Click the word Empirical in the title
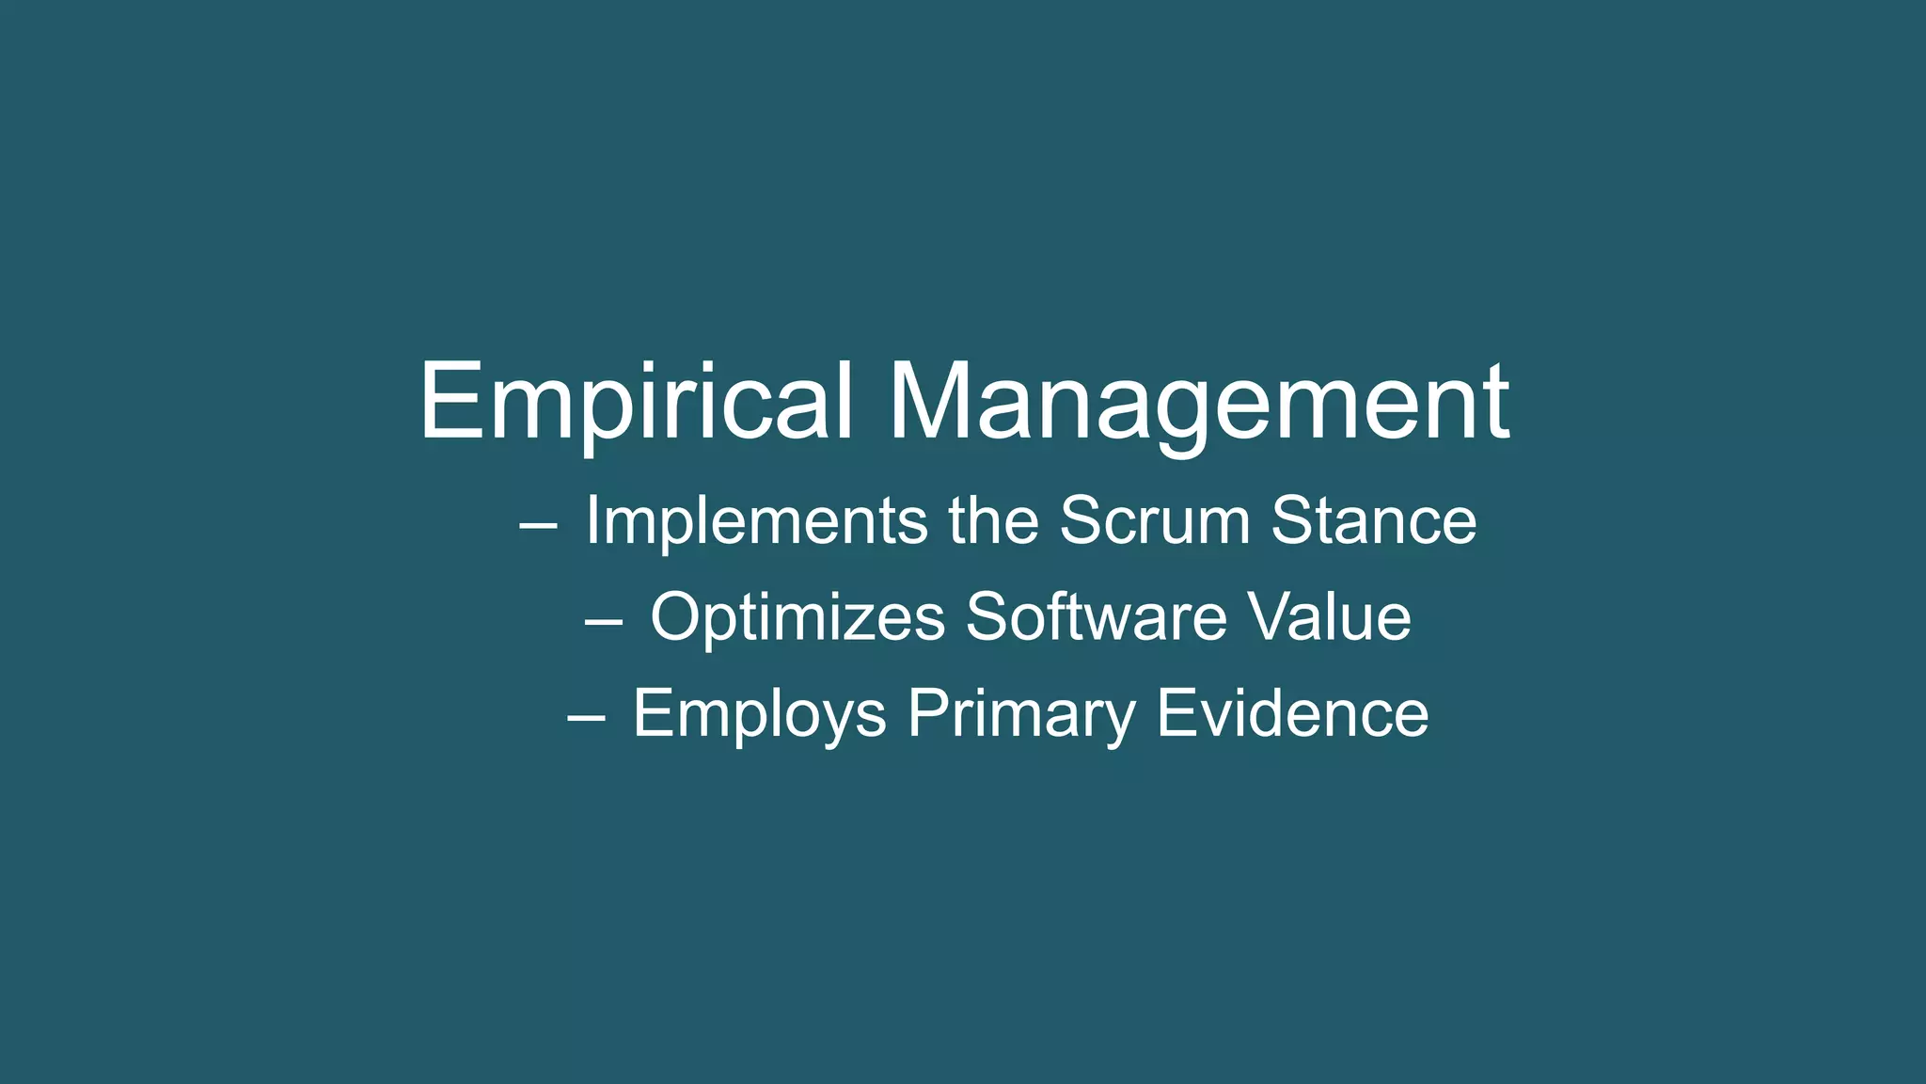tap(636, 402)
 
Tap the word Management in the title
tap(1198, 402)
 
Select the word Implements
tap(756, 520)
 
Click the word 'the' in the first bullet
tap(993, 520)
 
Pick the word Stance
tap(1374, 520)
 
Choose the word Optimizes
tap(797, 617)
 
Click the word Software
tap(1097, 617)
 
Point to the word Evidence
tap(1292, 713)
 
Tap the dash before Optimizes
tap(603, 621)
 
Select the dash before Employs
tap(586, 718)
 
